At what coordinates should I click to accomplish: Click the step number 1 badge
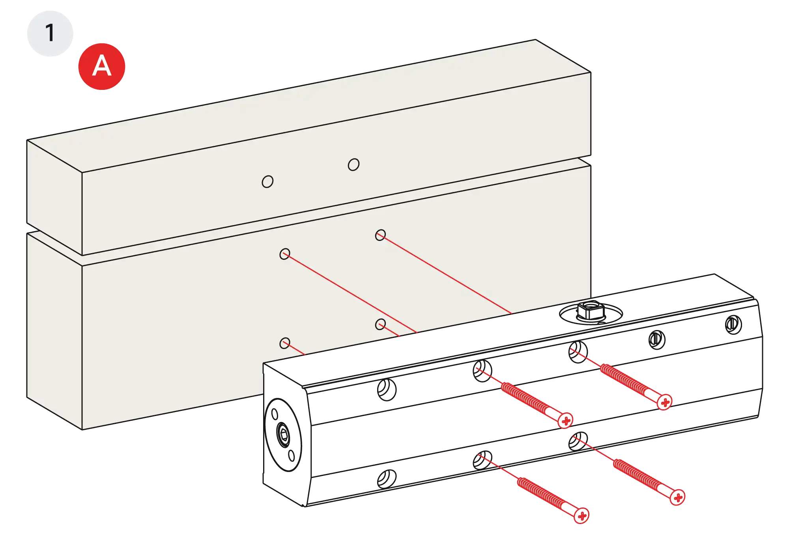click(50, 33)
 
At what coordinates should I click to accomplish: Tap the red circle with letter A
click(102, 66)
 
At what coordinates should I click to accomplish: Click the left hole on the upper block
click(267, 182)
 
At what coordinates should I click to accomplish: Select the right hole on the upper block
click(353, 164)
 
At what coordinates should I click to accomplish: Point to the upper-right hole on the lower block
click(380, 235)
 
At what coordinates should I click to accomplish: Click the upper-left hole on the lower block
click(284, 254)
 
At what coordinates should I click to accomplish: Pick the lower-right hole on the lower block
click(380, 325)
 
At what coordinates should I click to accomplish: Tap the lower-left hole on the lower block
click(284, 343)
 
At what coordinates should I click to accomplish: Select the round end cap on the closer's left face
click(283, 434)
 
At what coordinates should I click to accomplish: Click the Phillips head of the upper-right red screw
click(665, 402)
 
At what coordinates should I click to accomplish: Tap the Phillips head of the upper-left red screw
click(566, 421)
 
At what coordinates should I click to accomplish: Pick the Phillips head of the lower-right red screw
click(678, 497)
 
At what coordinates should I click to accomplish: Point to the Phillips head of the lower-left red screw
click(581, 516)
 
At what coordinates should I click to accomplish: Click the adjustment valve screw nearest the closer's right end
click(733, 325)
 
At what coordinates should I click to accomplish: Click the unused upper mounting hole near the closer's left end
click(387, 390)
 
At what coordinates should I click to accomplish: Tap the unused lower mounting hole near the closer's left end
click(387, 478)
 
